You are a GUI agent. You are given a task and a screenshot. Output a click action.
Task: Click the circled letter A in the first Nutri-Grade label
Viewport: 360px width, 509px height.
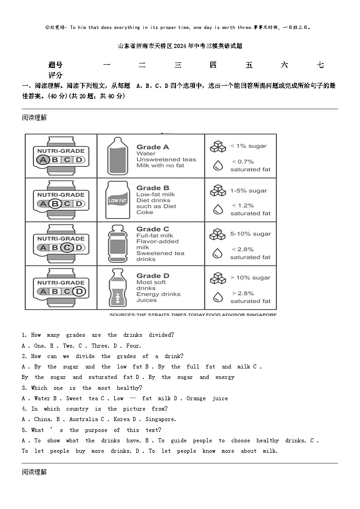pyautogui.click(x=43, y=160)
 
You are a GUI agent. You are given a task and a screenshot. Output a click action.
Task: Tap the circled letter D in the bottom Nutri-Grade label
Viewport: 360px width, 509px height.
pyautogui.click(x=79, y=291)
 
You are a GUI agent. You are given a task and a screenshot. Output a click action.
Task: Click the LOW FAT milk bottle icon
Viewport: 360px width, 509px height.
pyautogui.click(x=117, y=199)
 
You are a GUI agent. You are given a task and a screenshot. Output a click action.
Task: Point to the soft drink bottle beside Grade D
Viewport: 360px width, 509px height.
pyautogui.click(x=117, y=288)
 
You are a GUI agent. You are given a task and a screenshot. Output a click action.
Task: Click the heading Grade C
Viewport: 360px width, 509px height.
pyautogui.click(x=153, y=229)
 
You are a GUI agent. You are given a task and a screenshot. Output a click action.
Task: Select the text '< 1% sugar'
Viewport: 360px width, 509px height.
pyautogui.click(x=248, y=146)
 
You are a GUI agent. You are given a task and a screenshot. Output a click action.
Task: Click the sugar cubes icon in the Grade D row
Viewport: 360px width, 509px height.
pyautogui.click(x=218, y=278)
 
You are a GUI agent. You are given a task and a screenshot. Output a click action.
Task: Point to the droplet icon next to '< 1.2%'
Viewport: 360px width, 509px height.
pyautogui.click(x=218, y=209)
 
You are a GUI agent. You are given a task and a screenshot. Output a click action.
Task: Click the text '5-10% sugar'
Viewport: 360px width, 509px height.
pyautogui.click(x=250, y=234)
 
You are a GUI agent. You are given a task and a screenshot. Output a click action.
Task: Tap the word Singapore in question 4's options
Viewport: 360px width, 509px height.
pyautogui.click(x=161, y=419)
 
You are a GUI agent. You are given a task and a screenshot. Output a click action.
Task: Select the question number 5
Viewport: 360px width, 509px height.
pyautogui.click(x=24, y=430)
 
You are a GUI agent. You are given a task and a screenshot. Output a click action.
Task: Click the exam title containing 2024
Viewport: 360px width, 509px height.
pyautogui.click(x=180, y=46)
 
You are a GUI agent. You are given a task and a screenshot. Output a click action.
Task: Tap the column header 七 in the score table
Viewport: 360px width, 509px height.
pyautogui.click(x=320, y=65)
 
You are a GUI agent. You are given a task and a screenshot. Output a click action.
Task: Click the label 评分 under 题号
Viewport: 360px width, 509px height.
pyautogui.click(x=55, y=75)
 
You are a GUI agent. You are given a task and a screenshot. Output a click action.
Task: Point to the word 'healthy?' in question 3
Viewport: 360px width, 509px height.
pyautogui.click(x=129, y=388)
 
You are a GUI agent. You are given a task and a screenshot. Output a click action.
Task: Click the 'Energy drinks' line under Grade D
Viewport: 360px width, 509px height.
pyautogui.click(x=158, y=294)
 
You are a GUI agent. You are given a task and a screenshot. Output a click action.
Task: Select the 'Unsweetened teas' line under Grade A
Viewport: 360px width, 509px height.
pyautogui.click(x=166, y=160)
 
